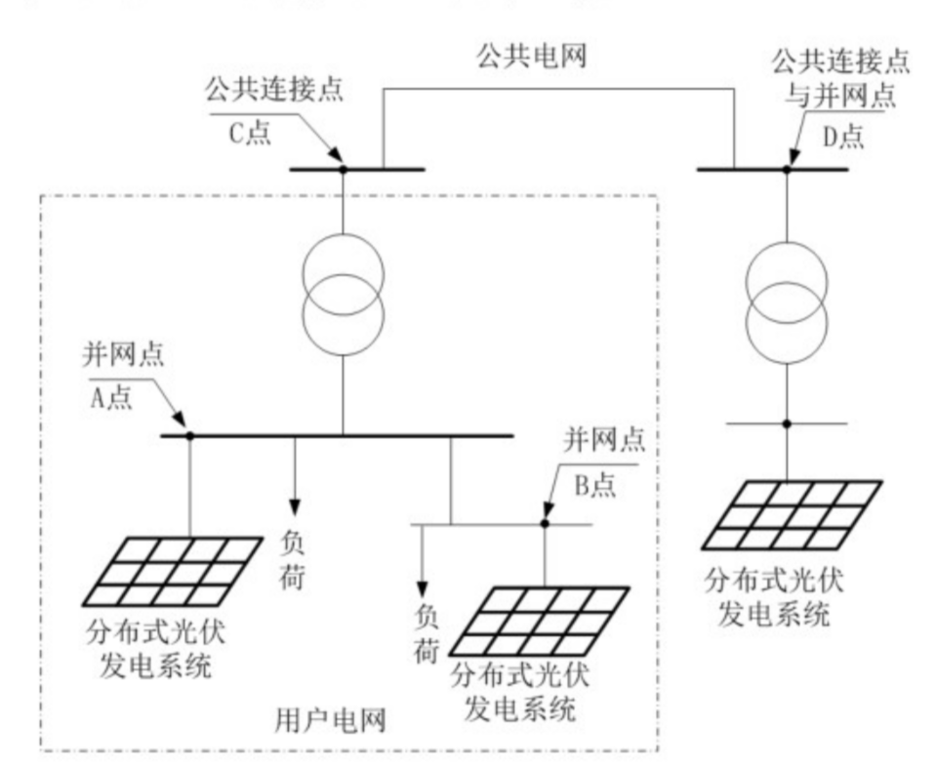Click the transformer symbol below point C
[343, 294]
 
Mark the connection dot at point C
[343, 169]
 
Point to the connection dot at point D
[787, 169]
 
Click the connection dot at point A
[189, 435]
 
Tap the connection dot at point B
[545, 524]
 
